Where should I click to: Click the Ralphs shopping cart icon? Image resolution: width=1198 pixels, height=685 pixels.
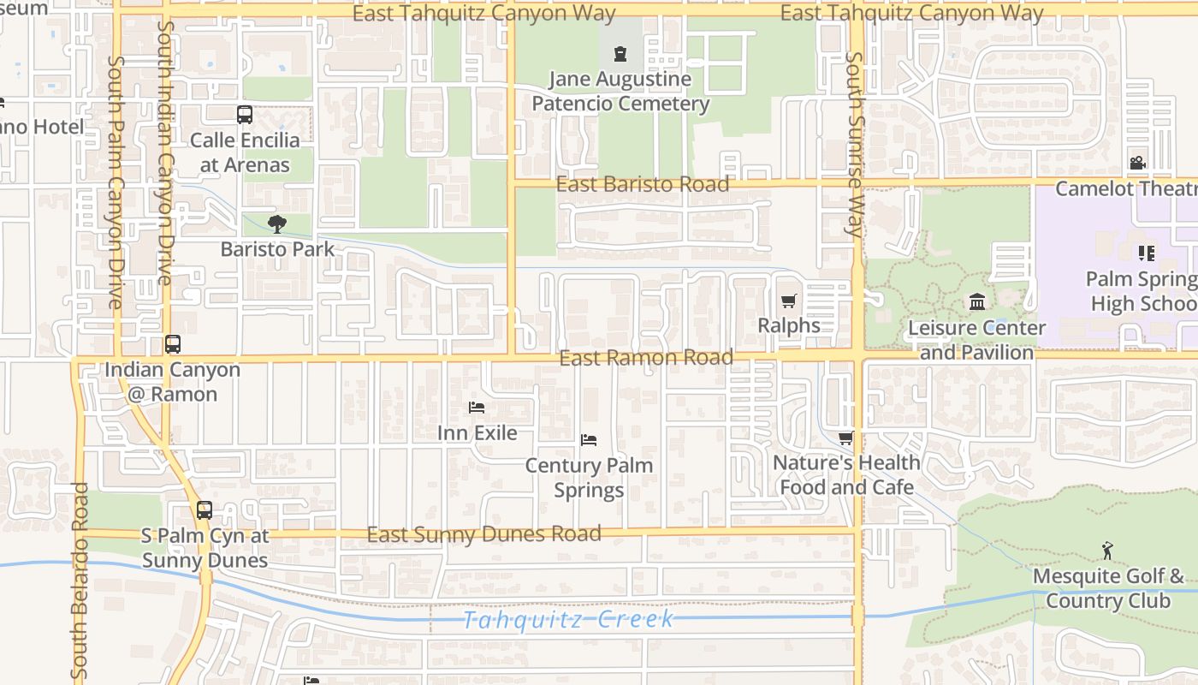(x=788, y=301)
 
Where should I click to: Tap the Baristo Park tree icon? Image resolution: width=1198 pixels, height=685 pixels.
(x=276, y=224)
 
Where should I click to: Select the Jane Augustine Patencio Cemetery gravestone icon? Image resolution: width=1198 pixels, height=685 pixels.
(x=620, y=55)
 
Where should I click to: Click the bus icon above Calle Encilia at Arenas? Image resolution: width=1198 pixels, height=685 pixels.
(x=245, y=115)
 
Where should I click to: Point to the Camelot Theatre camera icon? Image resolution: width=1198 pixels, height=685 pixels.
(x=1137, y=163)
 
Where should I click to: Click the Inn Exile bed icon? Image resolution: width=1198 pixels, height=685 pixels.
(x=477, y=408)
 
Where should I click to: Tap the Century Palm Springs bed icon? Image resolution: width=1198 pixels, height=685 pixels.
(x=588, y=440)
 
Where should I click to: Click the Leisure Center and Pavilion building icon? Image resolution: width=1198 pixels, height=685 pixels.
(x=976, y=302)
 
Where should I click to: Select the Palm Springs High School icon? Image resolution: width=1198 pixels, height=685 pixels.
(x=1146, y=253)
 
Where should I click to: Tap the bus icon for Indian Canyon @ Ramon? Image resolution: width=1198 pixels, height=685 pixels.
(x=173, y=344)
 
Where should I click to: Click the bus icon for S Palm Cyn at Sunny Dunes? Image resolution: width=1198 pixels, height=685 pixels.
(x=204, y=510)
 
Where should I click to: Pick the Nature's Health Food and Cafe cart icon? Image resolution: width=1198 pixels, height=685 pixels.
(x=845, y=438)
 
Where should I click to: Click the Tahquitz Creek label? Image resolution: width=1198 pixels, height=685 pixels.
(x=568, y=619)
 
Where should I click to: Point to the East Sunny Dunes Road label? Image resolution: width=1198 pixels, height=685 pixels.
(x=483, y=534)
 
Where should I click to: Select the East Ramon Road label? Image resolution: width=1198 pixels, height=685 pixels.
(x=646, y=358)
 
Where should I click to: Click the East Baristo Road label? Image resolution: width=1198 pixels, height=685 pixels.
(x=643, y=184)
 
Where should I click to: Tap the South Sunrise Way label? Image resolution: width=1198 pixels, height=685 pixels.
(x=854, y=144)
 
